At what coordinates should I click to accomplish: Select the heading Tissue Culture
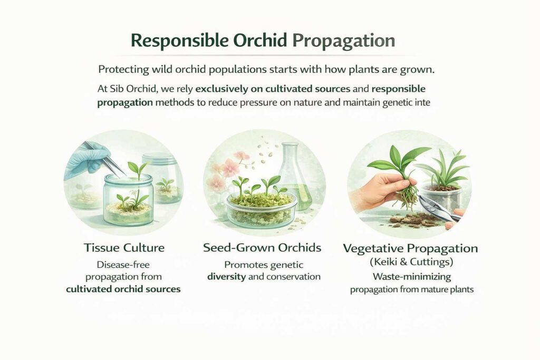[123, 248]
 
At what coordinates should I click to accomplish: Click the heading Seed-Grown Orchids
[263, 248]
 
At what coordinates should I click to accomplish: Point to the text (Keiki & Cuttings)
[410, 261]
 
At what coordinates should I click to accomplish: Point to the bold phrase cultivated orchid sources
[123, 288]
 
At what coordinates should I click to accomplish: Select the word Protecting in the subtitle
[122, 70]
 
